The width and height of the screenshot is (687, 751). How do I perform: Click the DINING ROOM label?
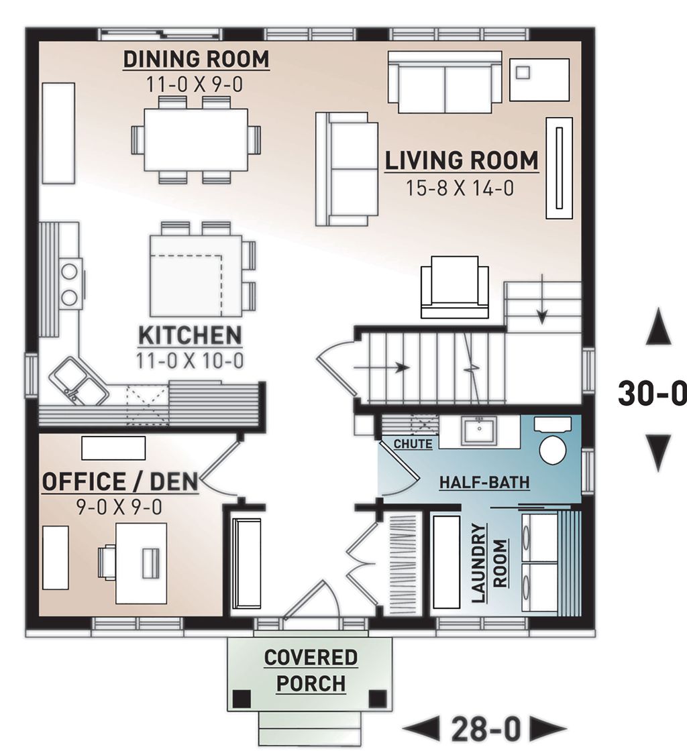(196, 59)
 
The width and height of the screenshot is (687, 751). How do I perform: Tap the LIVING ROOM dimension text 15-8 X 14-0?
(460, 188)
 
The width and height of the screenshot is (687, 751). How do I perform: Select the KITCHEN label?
(189, 335)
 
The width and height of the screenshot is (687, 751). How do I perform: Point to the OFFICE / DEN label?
(120, 481)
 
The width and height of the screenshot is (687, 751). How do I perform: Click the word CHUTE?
(413, 444)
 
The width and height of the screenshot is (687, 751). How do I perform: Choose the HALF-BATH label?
(484, 481)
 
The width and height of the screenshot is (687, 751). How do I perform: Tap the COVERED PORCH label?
(311, 671)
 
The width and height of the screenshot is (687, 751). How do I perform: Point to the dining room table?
(196, 139)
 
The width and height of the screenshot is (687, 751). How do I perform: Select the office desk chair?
(108, 562)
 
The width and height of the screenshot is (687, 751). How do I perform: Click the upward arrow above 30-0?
(657, 328)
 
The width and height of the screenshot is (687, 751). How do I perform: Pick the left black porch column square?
(242, 697)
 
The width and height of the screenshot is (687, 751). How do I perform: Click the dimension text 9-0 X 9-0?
(120, 507)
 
